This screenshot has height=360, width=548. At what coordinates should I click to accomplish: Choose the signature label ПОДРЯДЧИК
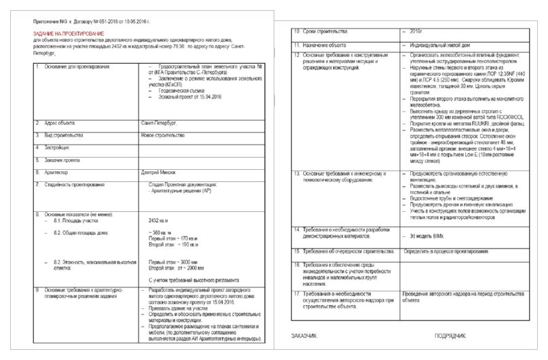click(450, 336)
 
